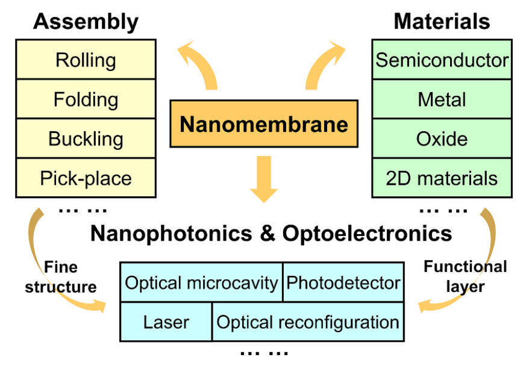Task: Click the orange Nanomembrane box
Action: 264,124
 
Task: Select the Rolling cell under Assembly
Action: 86,60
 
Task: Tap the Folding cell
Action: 86,99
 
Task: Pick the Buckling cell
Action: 86,138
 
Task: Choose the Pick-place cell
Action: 86,178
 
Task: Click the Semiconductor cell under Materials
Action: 442,60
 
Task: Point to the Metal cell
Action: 442,99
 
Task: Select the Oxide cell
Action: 442,138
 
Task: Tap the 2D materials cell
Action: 442,178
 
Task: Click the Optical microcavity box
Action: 202,282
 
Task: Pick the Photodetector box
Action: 343,282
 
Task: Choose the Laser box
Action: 166,322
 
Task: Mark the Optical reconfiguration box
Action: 308,322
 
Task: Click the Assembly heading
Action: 86,22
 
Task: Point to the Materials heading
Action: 442,22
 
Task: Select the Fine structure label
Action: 60,276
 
